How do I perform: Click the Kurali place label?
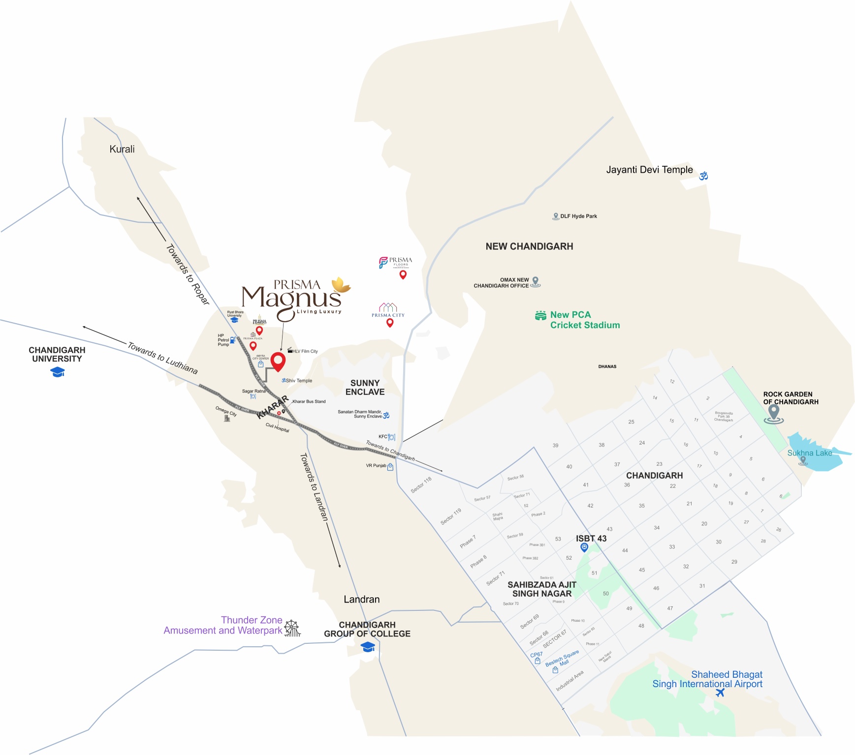122,149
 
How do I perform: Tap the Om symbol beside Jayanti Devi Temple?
703,176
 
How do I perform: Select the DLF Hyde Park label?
578,216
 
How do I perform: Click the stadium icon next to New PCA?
540,315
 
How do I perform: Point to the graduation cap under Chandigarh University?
58,372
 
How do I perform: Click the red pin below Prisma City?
390,323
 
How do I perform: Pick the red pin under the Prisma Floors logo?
403,274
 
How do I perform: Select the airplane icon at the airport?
720,693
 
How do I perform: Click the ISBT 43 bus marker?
584,547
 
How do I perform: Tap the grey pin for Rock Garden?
774,413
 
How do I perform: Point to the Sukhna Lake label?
809,453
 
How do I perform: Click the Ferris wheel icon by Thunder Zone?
292,628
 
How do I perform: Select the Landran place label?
361,599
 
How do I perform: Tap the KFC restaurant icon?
391,437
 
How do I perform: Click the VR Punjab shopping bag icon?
390,467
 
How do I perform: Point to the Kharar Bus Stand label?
309,401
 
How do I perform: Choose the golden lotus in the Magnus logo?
340,285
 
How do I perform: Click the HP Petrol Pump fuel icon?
233,340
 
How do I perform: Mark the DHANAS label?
607,366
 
